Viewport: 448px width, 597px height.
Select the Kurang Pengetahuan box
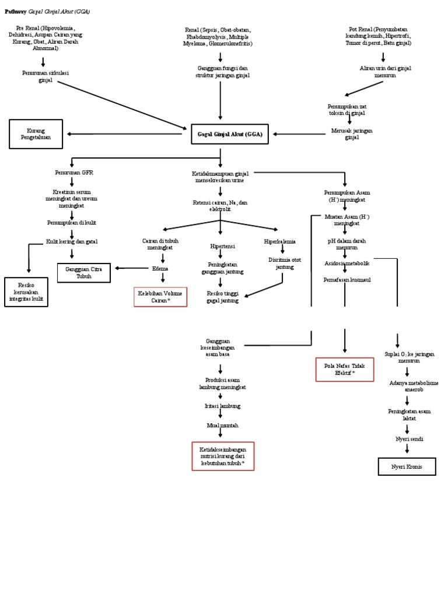tap(36, 134)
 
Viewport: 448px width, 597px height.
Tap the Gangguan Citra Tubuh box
tap(84, 273)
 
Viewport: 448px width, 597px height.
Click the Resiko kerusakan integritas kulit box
tap(26, 292)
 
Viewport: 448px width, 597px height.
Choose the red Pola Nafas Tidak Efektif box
tap(345, 370)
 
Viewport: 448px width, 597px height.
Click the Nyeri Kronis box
tap(407, 467)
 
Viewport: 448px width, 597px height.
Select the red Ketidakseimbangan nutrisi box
tap(223, 456)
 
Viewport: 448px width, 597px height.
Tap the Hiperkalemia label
tap(279, 241)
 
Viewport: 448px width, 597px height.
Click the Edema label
tap(160, 268)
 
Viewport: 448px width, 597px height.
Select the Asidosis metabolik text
tap(347, 264)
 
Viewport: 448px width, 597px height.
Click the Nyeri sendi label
tap(407, 439)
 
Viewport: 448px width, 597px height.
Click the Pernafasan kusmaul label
tap(345, 280)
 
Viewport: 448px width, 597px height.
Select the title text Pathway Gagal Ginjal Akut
tap(48, 12)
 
